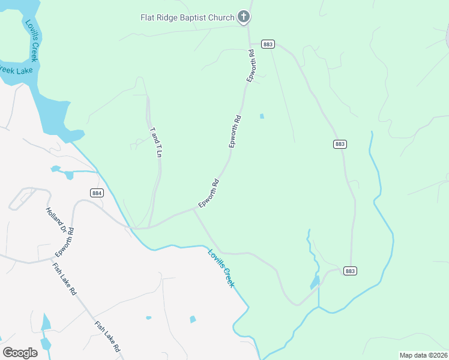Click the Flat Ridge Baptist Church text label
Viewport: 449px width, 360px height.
click(187, 17)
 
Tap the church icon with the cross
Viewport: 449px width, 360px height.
click(244, 17)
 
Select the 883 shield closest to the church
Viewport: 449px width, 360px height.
click(268, 44)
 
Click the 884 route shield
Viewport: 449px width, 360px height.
click(97, 193)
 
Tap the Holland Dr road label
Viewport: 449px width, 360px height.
click(55, 220)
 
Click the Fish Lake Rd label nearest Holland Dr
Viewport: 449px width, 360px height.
click(64, 278)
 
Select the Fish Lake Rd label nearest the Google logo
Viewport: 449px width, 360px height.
click(107, 337)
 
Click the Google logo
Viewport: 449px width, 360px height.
click(20, 352)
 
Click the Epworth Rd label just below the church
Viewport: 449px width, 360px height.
click(252, 67)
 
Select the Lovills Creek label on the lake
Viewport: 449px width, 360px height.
click(31, 40)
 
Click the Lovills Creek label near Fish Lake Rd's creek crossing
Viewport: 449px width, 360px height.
click(221, 268)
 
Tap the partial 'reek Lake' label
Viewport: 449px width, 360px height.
click(16, 70)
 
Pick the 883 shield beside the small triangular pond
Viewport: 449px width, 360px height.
click(351, 271)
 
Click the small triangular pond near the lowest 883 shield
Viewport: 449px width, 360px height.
click(315, 282)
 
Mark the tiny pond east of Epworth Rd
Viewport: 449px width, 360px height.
click(261, 116)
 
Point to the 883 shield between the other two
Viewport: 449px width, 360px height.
click(340, 144)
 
